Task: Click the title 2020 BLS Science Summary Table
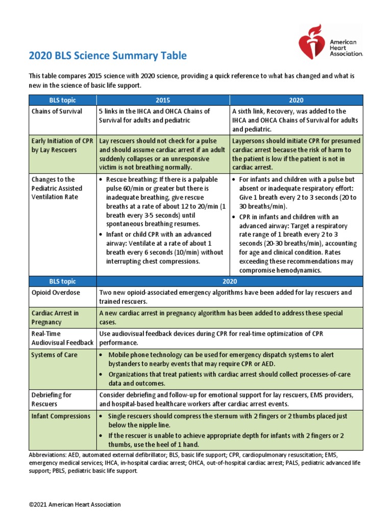(x=108, y=56)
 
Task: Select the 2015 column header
(x=163, y=100)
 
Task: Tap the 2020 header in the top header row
(x=297, y=100)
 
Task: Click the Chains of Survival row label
(x=57, y=111)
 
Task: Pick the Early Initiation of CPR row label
(x=61, y=146)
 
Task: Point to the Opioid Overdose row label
(x=56, y=293)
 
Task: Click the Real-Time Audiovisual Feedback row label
(x=62, y=338)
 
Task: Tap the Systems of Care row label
(x=54, y=354)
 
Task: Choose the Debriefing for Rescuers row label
(x=52, y=399)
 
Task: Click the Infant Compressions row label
(x=61, y=416)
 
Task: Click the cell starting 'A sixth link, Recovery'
(x=296, y=120)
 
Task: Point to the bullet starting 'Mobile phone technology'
(x=229, y=359)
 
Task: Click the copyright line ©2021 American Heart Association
(x=75, y=505)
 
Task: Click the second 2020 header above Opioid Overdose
(x=229, y=281)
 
